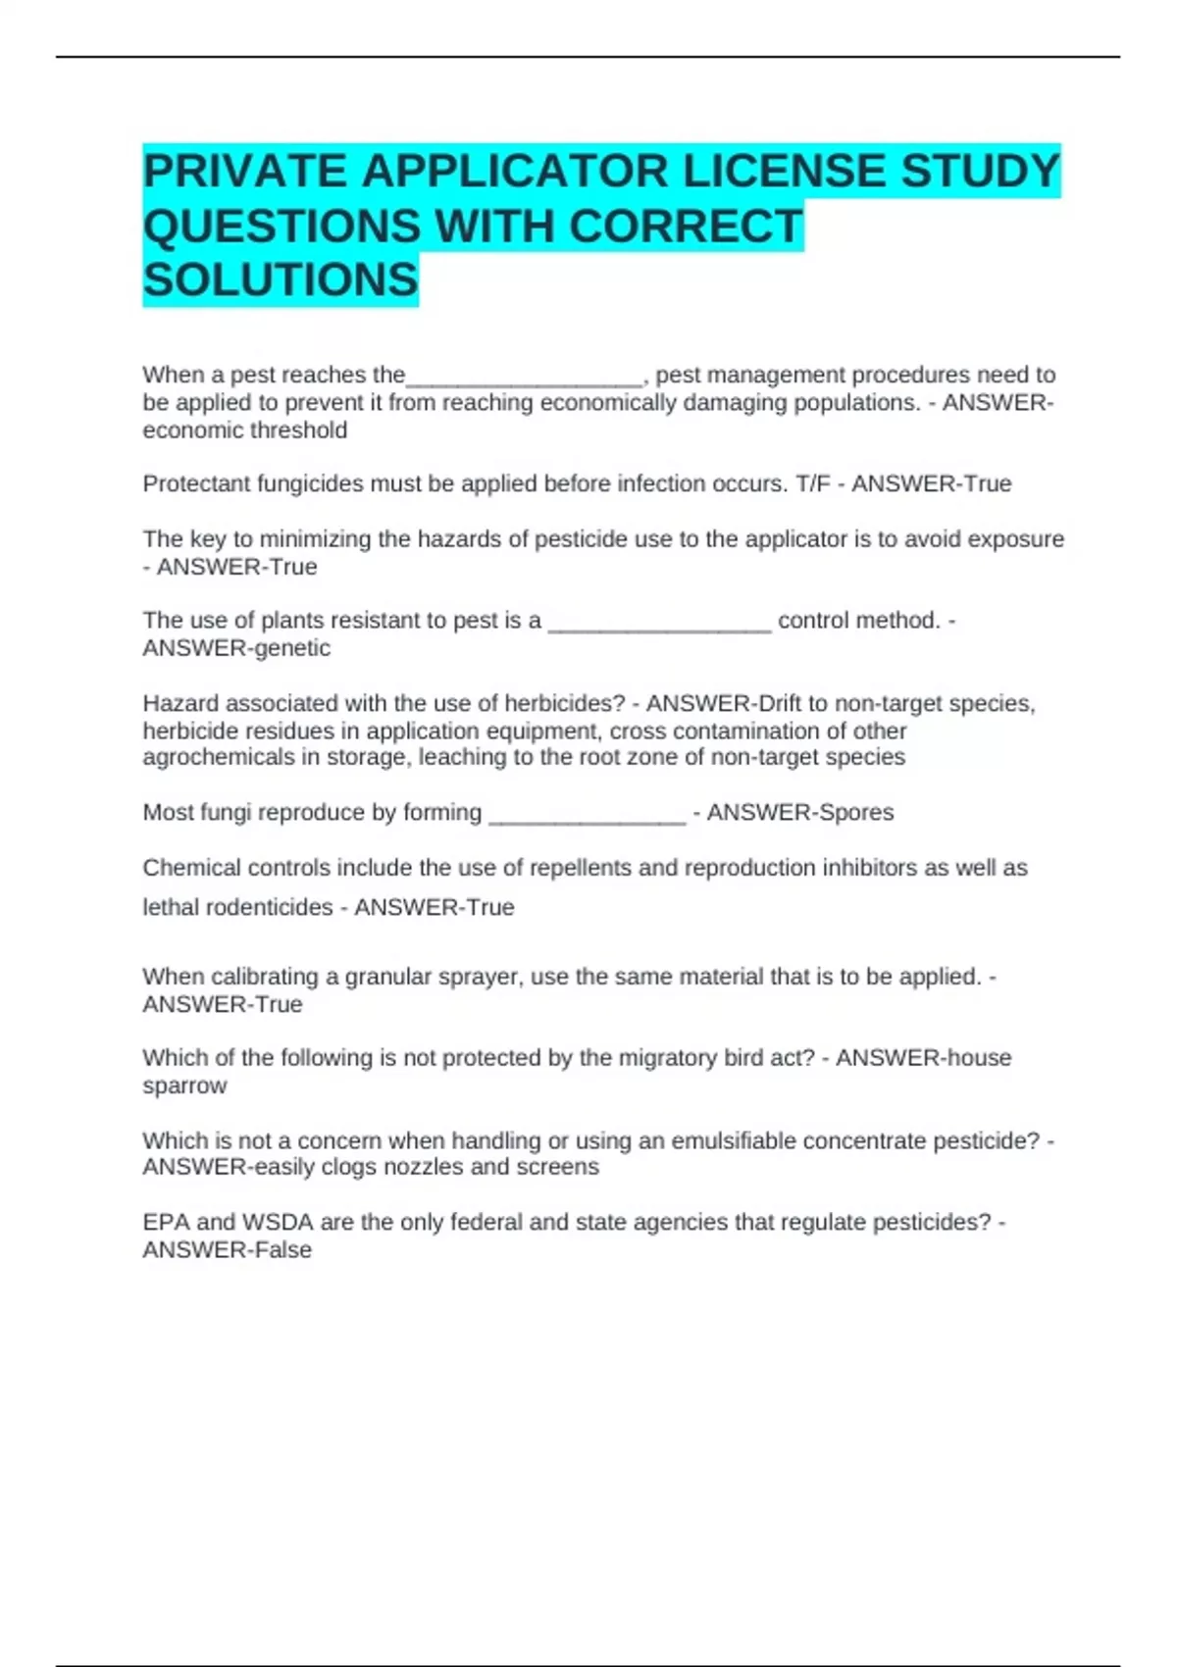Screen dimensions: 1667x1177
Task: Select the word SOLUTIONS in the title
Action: (x=281, y=280)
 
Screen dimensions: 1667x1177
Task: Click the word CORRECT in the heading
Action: (x=686, y=227)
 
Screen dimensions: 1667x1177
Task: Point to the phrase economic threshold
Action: (x=244, y=430)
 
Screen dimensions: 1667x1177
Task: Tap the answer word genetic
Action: (x=291, y=648)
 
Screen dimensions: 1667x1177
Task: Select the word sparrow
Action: (x=184, y=1086)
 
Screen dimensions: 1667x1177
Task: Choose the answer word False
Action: (x=281, y=1250)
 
